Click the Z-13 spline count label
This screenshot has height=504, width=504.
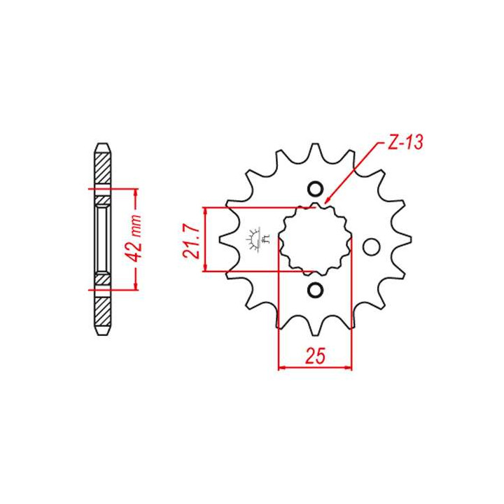[x=404, y=144]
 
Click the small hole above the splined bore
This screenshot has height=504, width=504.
[x=314, y=188]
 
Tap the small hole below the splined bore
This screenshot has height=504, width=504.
[x=314, y=290]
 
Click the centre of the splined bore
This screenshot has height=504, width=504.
[x=314, y=239]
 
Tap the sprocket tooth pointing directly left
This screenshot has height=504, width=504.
[x=225, y=240]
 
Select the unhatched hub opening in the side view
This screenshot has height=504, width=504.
[x=102, y=239]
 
